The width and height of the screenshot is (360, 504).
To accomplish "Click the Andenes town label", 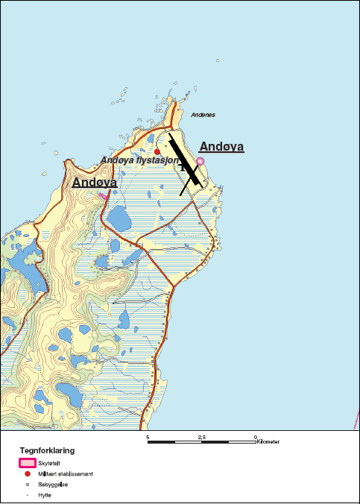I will point(203,115).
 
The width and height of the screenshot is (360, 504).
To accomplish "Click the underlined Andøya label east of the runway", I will point(221,147).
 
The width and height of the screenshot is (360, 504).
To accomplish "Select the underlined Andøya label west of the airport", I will point(95,182).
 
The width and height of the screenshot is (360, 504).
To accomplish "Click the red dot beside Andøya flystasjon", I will point(157,151).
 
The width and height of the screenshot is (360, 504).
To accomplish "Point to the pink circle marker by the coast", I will point(200,161).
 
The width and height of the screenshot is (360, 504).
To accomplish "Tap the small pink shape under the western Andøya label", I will point(102,195).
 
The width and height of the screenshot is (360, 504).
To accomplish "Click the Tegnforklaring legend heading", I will point(46,450).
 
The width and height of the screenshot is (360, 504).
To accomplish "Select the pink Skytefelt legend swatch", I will point(27,464).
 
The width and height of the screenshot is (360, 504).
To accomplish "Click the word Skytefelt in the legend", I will point(48,464).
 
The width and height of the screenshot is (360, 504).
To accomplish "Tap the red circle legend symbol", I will point(27,474).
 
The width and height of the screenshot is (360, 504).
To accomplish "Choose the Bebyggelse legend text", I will point(54,485).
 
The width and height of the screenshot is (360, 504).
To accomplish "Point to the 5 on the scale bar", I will point(148,436).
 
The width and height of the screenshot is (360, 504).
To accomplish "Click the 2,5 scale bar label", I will point(202,436).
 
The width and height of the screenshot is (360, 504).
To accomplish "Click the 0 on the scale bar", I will point(256,436).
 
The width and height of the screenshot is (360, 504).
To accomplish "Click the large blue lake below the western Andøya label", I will point(118,219).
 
